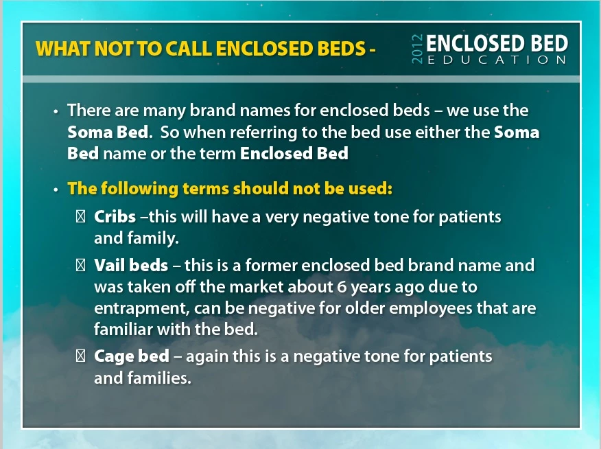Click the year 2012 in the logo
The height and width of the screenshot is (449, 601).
(x=417, y=49)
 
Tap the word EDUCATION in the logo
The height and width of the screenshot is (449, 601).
(x=497, y=60)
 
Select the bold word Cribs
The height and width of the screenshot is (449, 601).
(x=115, y=217)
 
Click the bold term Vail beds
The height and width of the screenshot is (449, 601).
(x=131, y=265)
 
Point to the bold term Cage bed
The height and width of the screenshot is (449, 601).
(x=132, y=356)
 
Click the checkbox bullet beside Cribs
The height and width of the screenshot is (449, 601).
(x=80, y=217)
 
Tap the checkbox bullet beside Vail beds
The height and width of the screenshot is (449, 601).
(x=80, y=265)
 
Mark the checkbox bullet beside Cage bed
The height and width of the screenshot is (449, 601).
(x=80, y=356)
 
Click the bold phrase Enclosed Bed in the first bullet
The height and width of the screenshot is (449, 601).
(x=294, y=153)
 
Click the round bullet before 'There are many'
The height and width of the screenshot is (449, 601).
(x=56, y=112)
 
